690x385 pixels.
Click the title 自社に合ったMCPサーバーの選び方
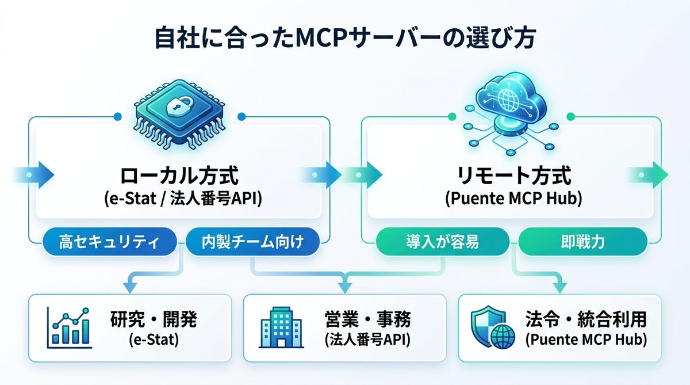coord(344,39)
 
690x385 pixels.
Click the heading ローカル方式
coord(179,175)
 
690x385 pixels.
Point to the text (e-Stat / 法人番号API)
coord(179,199)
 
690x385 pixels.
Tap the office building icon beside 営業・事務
coord(281,328)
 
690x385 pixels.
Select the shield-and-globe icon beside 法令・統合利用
coord(490,328)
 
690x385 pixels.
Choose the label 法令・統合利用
coord(586,319)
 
